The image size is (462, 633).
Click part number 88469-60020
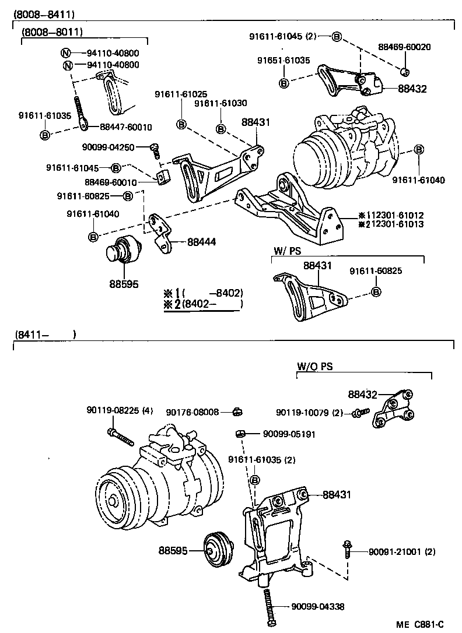[x=404, y=47]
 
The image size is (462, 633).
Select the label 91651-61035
[x=283, y=60]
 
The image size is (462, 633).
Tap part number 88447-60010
[x=125, y=127]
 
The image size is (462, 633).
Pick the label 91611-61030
[x=220, y=103]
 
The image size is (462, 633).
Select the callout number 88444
[x=202, y=240]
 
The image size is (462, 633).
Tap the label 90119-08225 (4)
[x=120, y=411]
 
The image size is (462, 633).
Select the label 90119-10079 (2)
[x=309, y=413]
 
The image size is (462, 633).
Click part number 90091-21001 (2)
[x=401, y=552]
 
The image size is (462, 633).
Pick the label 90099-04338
[x=318, y=607]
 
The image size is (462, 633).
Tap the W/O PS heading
[x=314, y=367]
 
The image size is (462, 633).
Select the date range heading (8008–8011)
[x=52, y=32]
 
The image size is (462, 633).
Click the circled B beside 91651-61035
[x=283, y=83]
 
